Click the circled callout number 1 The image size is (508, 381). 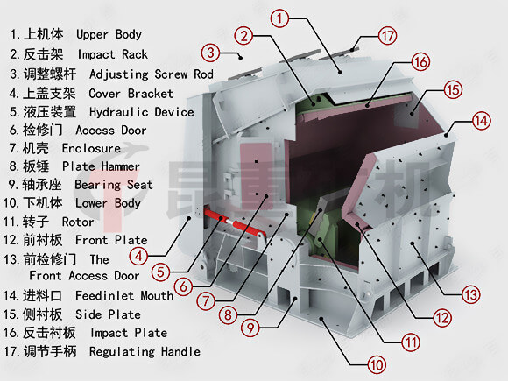[x=279, y=18]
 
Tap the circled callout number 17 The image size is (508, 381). [x=388, y=36]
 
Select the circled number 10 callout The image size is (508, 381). [x=377, y=365]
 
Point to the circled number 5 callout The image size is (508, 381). [x=160, y=272]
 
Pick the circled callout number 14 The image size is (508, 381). [x=481, y=121]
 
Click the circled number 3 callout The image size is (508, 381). [x=210, y=53]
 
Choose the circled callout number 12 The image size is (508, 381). [x=442, y=318]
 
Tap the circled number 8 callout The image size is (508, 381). [x=228, y=314]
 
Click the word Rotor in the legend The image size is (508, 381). [x=78, y=222]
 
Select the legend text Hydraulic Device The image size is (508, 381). [x=142, y=112]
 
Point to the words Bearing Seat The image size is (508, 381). [x=113, y=185]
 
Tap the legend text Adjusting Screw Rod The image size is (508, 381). [x=152, y=74]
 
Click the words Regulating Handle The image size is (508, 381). [x=145, y=351]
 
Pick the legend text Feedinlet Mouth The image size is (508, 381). [x=124, y=295]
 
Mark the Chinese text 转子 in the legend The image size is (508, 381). [x=36, y=222]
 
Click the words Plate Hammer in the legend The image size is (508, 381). [x=101, y=166]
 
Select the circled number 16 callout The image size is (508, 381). [x=420, y=62]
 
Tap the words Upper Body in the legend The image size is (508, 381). [x=109, y=34]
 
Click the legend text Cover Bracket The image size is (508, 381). [x=131, y=94]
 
